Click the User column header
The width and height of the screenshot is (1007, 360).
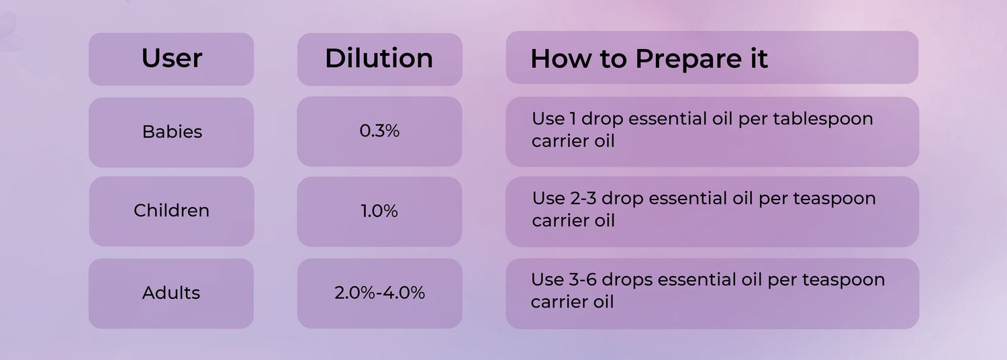172,58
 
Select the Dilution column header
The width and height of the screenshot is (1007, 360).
379,58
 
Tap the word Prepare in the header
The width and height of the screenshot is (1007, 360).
688,59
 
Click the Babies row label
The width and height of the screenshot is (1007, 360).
172,132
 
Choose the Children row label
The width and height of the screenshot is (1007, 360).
171,211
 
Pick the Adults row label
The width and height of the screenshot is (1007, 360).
171,293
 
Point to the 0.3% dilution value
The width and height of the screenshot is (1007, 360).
379,131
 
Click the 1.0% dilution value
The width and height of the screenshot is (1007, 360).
379,211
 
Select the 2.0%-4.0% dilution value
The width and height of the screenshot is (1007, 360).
379,293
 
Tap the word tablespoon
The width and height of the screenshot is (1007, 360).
822,120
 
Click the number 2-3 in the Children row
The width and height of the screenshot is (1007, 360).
583,198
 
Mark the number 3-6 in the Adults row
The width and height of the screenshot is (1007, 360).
583,280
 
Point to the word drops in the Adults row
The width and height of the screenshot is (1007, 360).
627,281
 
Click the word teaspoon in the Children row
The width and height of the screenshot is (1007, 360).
834,199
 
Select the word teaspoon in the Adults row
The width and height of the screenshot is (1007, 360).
843,281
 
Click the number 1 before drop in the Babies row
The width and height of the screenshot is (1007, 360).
573,119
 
